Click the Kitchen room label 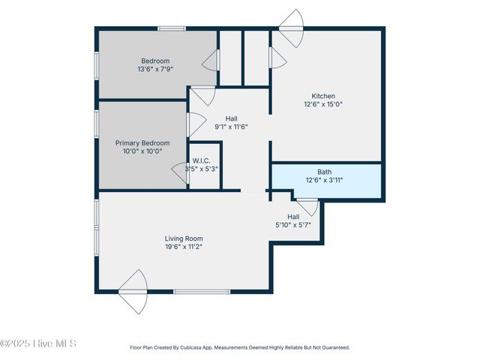[323, 95]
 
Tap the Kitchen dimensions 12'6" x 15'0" [323, 105]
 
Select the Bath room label [324, 172]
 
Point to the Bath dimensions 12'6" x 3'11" [324, 181]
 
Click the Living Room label [184, 238]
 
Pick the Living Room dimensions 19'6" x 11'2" [184, 247]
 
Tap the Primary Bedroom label [142, 142]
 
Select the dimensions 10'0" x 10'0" [142, 151]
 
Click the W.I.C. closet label [201, 160]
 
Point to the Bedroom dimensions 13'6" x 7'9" [155, 70]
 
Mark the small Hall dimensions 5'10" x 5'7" [293, 225]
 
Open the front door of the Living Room [133, 291]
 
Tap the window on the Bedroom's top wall [172, 29]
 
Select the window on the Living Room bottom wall [202, 291]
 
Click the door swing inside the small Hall [307, 205]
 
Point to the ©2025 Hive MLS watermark [38, 344]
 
